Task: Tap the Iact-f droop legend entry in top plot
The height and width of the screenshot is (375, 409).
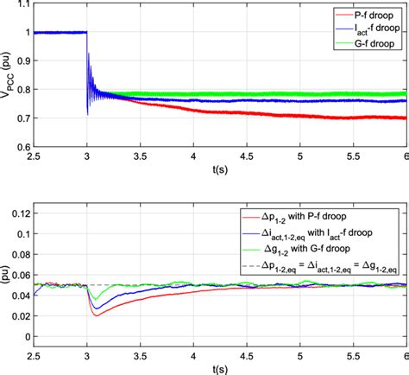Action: click(x=366, y=29)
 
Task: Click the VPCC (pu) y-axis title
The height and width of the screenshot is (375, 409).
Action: click(x=9, y=79)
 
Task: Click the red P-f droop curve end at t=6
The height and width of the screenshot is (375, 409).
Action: click(x=403, y=118)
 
